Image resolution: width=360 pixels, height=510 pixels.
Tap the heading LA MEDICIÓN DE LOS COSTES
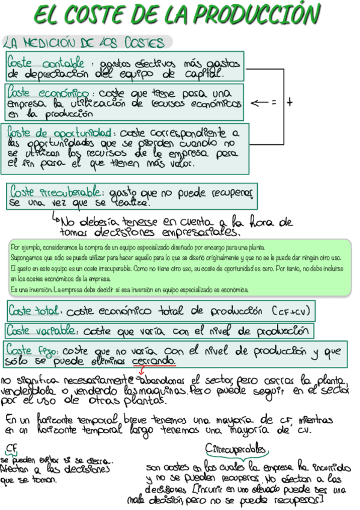(x=84, y=43)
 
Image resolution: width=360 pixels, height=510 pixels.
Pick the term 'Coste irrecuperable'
(x=56, y=192)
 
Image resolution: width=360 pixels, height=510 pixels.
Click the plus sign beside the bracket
(x=289, y=103)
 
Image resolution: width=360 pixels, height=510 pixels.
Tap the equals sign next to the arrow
(x=273, y=103)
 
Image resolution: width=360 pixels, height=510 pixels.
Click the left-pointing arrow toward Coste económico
(x=258, y=103)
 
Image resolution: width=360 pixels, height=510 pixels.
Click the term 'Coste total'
(x=34, y=312)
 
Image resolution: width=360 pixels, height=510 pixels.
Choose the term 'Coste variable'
(x=41, y=331)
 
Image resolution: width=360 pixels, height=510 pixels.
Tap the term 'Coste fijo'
(x=31, y=351)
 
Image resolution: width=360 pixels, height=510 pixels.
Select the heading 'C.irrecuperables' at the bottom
(x=236, y=450)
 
